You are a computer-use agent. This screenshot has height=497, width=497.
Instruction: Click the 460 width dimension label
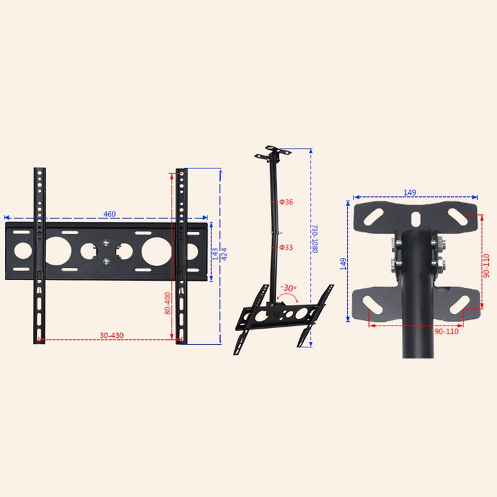[109, 214]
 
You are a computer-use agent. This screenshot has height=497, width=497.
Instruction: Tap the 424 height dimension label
[224, 254]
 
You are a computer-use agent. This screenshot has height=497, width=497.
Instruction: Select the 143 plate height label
[215, 254]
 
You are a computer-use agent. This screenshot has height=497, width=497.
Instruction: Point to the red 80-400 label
[167, 303]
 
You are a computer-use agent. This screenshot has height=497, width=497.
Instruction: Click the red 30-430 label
[112, 335]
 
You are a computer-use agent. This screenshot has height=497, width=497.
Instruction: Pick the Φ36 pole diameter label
[286, 202]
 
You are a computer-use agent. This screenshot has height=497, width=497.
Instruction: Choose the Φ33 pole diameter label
[286, 247]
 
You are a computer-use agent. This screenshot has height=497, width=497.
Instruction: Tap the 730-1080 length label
[315, 239]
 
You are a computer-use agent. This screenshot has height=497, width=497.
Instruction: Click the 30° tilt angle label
[288, 288]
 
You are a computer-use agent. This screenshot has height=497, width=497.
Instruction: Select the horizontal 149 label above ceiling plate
[409, 193]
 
